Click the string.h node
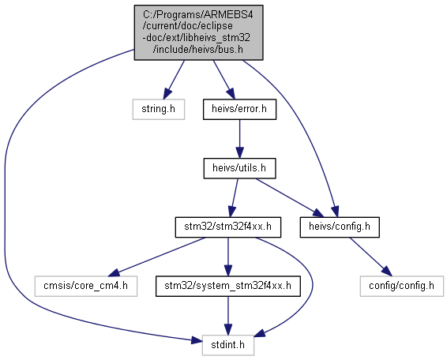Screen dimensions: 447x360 point(159,109)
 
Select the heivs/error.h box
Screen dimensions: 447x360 point(239,109)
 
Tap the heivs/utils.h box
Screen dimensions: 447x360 point(239,168)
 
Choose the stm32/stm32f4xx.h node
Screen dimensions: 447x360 point(227,227)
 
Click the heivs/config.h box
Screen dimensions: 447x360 point(340,227)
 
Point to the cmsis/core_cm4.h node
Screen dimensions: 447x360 point(86,286)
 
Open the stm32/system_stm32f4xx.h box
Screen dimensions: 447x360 point(227,286)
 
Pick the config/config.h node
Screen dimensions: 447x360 point(402,286)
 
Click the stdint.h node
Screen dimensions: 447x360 point(227,345)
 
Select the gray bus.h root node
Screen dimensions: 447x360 point(198,32)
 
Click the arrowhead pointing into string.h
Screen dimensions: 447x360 point(167,94)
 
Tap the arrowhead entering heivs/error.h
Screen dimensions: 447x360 point(231,94)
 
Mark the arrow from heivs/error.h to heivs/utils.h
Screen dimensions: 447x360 point(239,139)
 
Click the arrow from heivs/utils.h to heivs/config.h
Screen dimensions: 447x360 point(290,197)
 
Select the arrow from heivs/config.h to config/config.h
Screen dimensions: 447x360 point(371,257)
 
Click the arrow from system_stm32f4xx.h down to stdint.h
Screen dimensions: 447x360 point(227,316)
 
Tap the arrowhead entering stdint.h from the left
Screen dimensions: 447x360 point(197,339)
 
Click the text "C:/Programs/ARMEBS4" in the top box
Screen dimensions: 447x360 point(198,14)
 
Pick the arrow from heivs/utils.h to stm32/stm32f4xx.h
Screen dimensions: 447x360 point(234,198)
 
